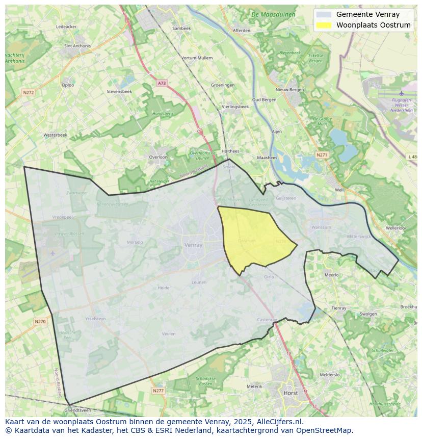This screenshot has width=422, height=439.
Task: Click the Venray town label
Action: tap(193, 245)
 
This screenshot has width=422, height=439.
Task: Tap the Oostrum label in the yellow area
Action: tap(247, 240)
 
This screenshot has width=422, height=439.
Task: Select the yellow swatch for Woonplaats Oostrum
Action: tap(323, 25)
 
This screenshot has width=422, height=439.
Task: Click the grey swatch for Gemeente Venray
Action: tap(323, 14)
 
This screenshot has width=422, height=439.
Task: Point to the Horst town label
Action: tap(291, 393)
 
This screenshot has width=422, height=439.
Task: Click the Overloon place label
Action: tap(158, 157)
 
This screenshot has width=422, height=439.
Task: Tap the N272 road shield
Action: tap(29, 92)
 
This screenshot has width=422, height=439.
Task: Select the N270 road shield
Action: tap(40, 321)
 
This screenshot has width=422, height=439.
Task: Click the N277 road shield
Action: tap(159, 391)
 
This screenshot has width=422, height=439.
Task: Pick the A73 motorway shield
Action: tap(162, 83)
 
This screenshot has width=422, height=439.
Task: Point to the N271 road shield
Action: tap(322, 154)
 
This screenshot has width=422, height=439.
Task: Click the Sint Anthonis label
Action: tap(77, 46)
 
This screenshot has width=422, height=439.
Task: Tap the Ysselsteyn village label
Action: tap(95, 319)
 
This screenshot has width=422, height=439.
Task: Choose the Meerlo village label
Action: tap(331, 275)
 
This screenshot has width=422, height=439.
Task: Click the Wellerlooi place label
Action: tap(395, 228)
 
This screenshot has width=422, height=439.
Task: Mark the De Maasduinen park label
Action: tap(273, 15)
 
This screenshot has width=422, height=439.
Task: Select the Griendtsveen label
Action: tap(78, 410)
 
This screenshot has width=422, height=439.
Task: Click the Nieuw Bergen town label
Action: tap(289, 90)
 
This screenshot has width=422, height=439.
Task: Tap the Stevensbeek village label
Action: tap(119, 91)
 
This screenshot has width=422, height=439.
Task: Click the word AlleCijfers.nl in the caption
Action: tap(280, 422)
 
